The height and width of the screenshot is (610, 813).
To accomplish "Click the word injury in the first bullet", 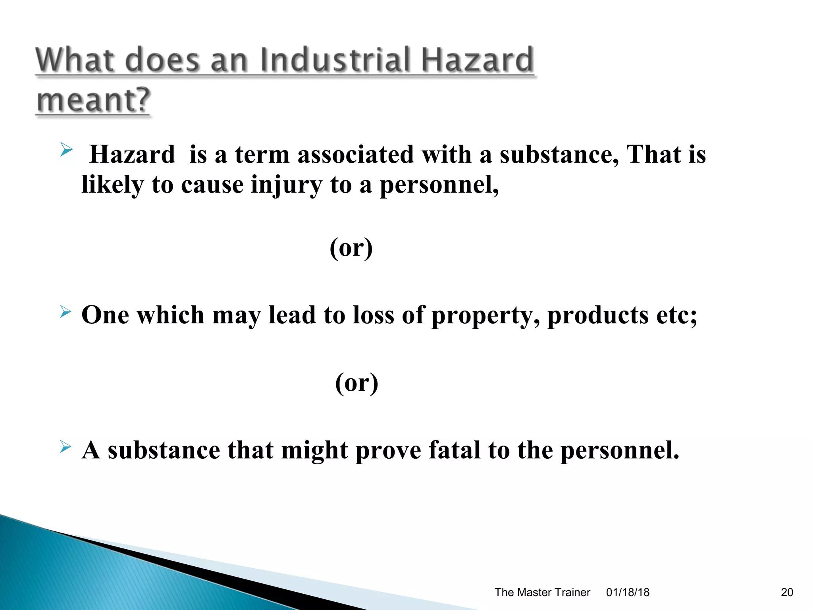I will [286, 185].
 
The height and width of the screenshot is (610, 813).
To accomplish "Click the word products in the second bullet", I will [598, 315].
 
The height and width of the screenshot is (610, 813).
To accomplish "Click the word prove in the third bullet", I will [388, 451].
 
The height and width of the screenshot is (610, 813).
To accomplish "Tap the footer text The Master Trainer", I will [542, 592].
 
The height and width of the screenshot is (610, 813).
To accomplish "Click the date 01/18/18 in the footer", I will [627, 592].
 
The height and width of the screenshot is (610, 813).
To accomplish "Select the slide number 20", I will [786, 592].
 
